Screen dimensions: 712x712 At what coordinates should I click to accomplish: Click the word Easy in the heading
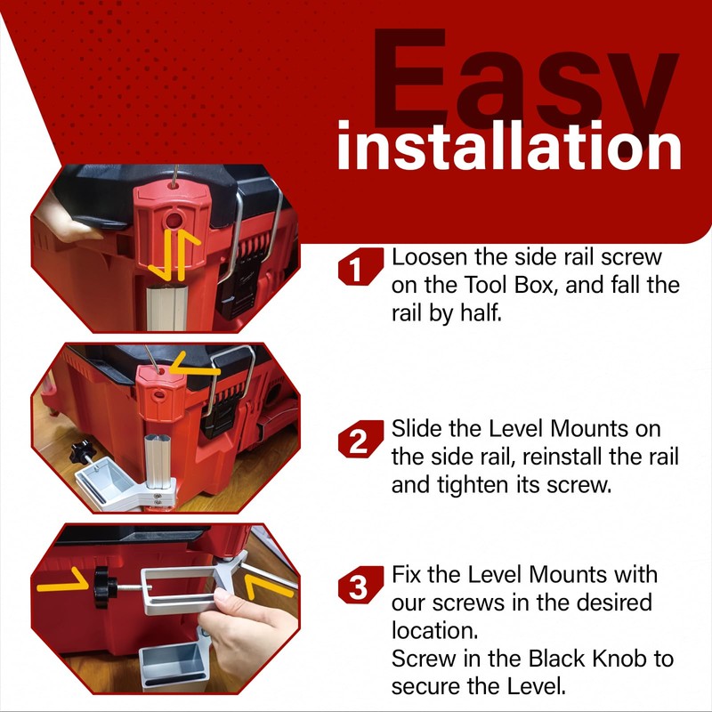525,85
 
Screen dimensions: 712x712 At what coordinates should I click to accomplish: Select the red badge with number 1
358,269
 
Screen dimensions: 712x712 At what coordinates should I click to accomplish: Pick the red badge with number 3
358,588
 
